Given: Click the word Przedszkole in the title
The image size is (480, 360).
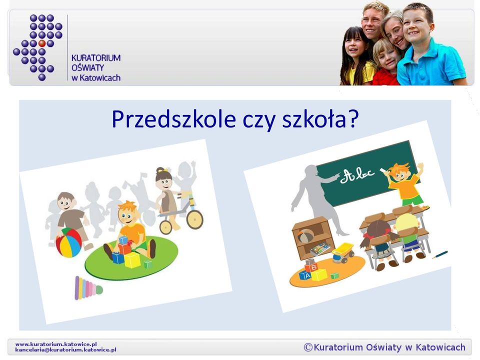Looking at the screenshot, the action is tap(173, 119).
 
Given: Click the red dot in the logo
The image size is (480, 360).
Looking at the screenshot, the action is tap(42, 43).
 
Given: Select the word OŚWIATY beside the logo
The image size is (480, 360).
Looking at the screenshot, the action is tap(88, 67).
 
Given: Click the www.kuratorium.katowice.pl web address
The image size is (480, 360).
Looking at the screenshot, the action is tap(56, 344).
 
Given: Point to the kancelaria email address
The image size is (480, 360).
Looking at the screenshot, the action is tap(65, 349).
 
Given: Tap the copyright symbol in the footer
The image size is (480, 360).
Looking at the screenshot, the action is tap(308, 347).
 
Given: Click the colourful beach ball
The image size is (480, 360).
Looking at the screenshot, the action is tap(68, 242).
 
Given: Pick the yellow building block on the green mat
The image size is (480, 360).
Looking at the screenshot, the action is tap(132, 260).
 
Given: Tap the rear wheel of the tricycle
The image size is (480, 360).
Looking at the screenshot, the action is tap(194, 219).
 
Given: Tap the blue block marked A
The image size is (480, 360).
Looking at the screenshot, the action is tap(306, 275).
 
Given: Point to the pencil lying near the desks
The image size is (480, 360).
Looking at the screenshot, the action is tap(440, 254).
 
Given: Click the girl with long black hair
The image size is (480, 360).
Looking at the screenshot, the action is tap(357, 56).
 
